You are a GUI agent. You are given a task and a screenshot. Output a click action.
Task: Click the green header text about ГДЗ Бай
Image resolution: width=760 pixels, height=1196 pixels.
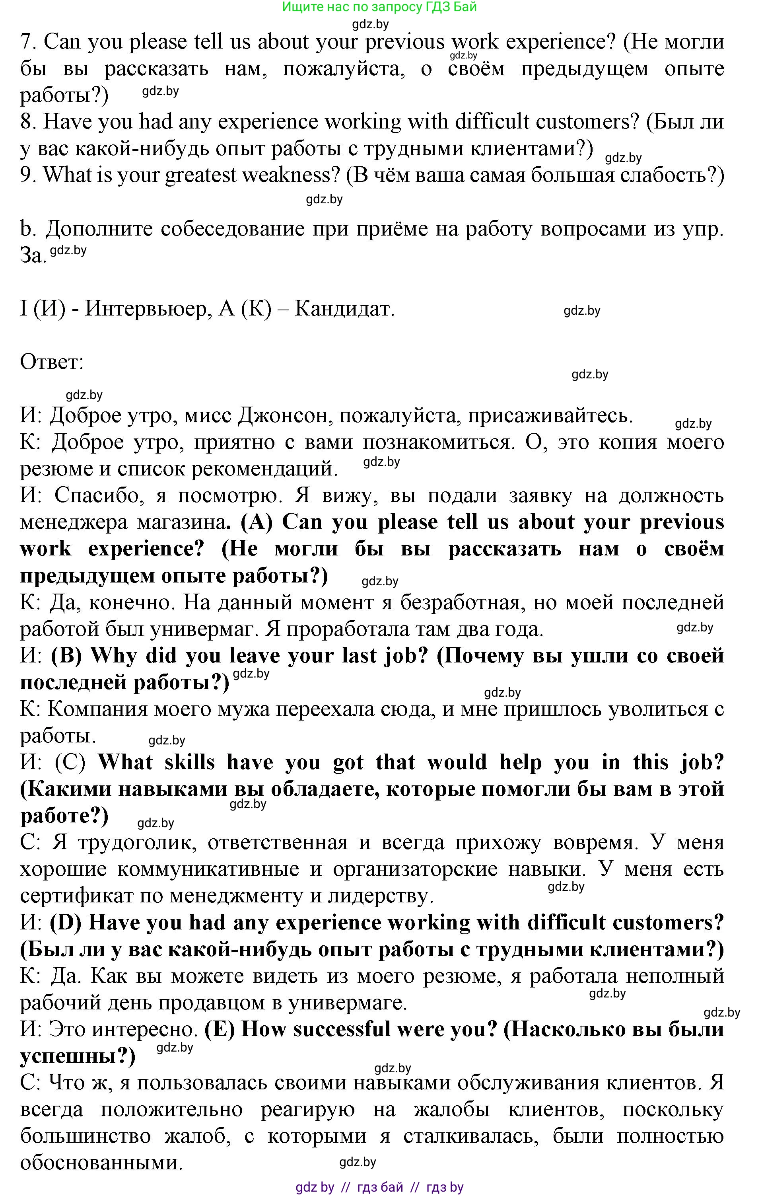point(379,7)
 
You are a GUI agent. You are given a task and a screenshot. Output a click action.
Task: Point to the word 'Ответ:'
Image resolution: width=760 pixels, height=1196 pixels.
point(52,362)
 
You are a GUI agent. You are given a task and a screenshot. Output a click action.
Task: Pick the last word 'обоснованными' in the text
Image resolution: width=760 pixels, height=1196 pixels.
point(101,1163)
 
